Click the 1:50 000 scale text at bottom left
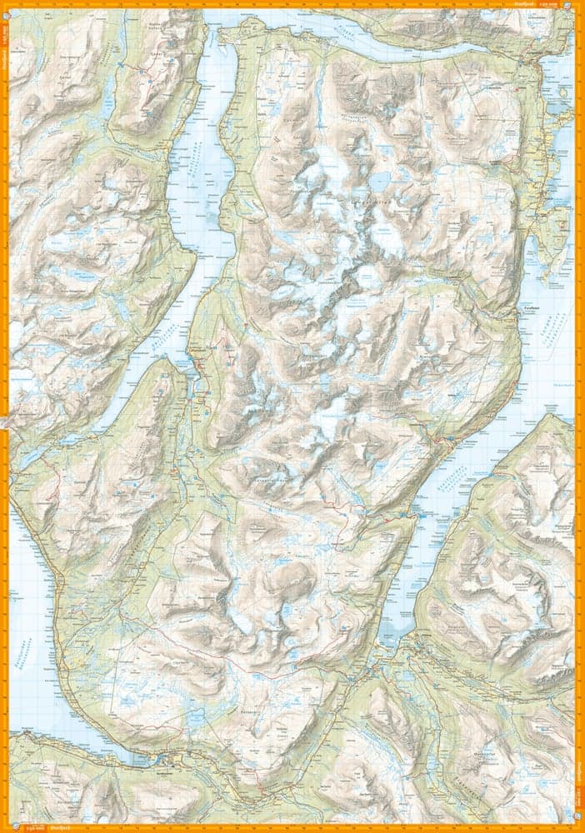coord(34,827)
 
